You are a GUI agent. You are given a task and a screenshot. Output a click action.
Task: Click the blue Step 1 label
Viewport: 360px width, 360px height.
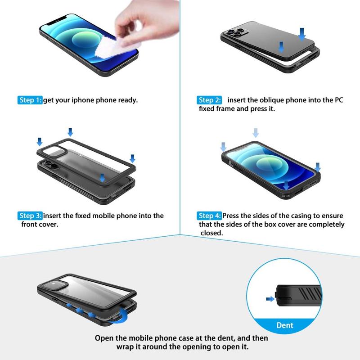click(30, 100)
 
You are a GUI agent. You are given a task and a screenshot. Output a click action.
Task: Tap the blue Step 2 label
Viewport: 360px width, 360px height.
click(209, 100)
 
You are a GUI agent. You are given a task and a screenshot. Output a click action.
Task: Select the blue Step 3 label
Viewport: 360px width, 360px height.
click(30, 216)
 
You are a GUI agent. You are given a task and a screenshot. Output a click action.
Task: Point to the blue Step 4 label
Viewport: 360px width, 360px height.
click(209, 216)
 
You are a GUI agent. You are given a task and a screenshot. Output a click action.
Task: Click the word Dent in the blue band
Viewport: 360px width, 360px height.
click(285, 325)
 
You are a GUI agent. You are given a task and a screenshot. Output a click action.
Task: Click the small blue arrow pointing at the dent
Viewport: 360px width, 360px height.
click(270, 299)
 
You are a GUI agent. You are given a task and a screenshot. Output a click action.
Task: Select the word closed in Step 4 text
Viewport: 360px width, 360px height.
click(211, 233)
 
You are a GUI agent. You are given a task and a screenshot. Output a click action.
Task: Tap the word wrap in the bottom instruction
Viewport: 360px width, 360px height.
click(124, 347)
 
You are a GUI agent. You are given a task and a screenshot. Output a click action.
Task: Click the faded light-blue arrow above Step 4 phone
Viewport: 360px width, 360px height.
click(256, 133)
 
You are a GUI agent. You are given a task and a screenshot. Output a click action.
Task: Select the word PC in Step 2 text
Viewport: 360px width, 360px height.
click(339, 100)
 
